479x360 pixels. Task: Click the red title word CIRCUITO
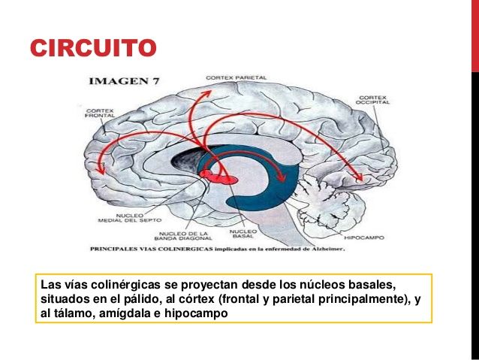(x=94, y=49)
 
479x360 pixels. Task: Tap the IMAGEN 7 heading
(x=123, y=80)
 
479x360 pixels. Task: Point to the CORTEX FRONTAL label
(x=100, y=113)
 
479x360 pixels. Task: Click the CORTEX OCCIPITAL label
(x=372, y=99)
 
